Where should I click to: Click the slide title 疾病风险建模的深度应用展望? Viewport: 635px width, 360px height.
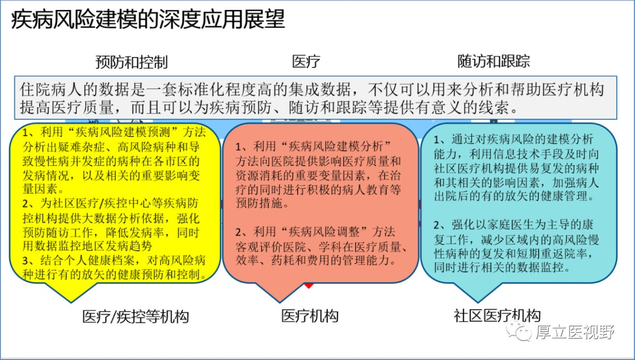(148, 19)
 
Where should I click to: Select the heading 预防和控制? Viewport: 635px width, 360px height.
(131, 62)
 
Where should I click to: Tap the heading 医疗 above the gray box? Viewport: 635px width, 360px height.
(306, 61)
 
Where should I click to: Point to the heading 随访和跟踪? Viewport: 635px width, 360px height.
(494, 61)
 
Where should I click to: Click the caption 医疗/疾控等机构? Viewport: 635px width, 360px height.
(135, 317)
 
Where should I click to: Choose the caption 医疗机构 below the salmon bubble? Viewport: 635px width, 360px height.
(310, 316)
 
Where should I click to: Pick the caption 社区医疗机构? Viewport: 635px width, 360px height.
(497, 316)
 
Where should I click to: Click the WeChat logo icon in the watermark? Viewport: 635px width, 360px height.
(519, 331)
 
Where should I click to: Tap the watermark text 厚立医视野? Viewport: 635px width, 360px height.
(575, 332)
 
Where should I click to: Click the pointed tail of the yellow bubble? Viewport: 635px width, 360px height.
(71, 302)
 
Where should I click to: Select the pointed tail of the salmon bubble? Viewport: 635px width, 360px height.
(280, 302)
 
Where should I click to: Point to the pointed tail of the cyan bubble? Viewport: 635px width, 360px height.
(478, 302)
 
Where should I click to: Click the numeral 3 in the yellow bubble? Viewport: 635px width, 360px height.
(26, 261)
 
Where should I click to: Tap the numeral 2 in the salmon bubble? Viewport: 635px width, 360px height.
(239, 232)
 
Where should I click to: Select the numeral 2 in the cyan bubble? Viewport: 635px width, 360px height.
(437, 225)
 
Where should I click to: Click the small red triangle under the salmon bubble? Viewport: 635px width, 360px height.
(309, 286)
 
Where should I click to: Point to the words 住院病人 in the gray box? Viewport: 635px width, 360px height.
(50, 90)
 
